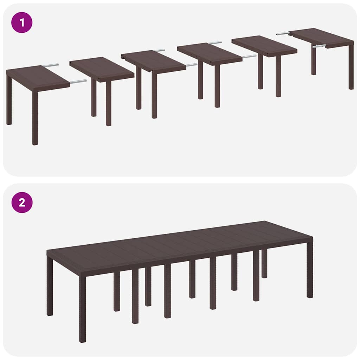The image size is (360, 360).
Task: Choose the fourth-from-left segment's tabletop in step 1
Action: click(209, 54)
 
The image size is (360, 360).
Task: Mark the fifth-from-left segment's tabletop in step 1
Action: click(264, 46)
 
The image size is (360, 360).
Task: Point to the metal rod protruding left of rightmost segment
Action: click(283, 34)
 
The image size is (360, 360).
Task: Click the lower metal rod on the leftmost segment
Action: click(78, 82)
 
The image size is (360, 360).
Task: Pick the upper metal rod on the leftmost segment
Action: click(51, 65)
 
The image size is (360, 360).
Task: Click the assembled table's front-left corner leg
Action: click(83, 309)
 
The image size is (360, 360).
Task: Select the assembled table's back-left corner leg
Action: click(50, 287)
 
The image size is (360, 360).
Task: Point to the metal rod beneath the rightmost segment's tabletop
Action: click(319, 46)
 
